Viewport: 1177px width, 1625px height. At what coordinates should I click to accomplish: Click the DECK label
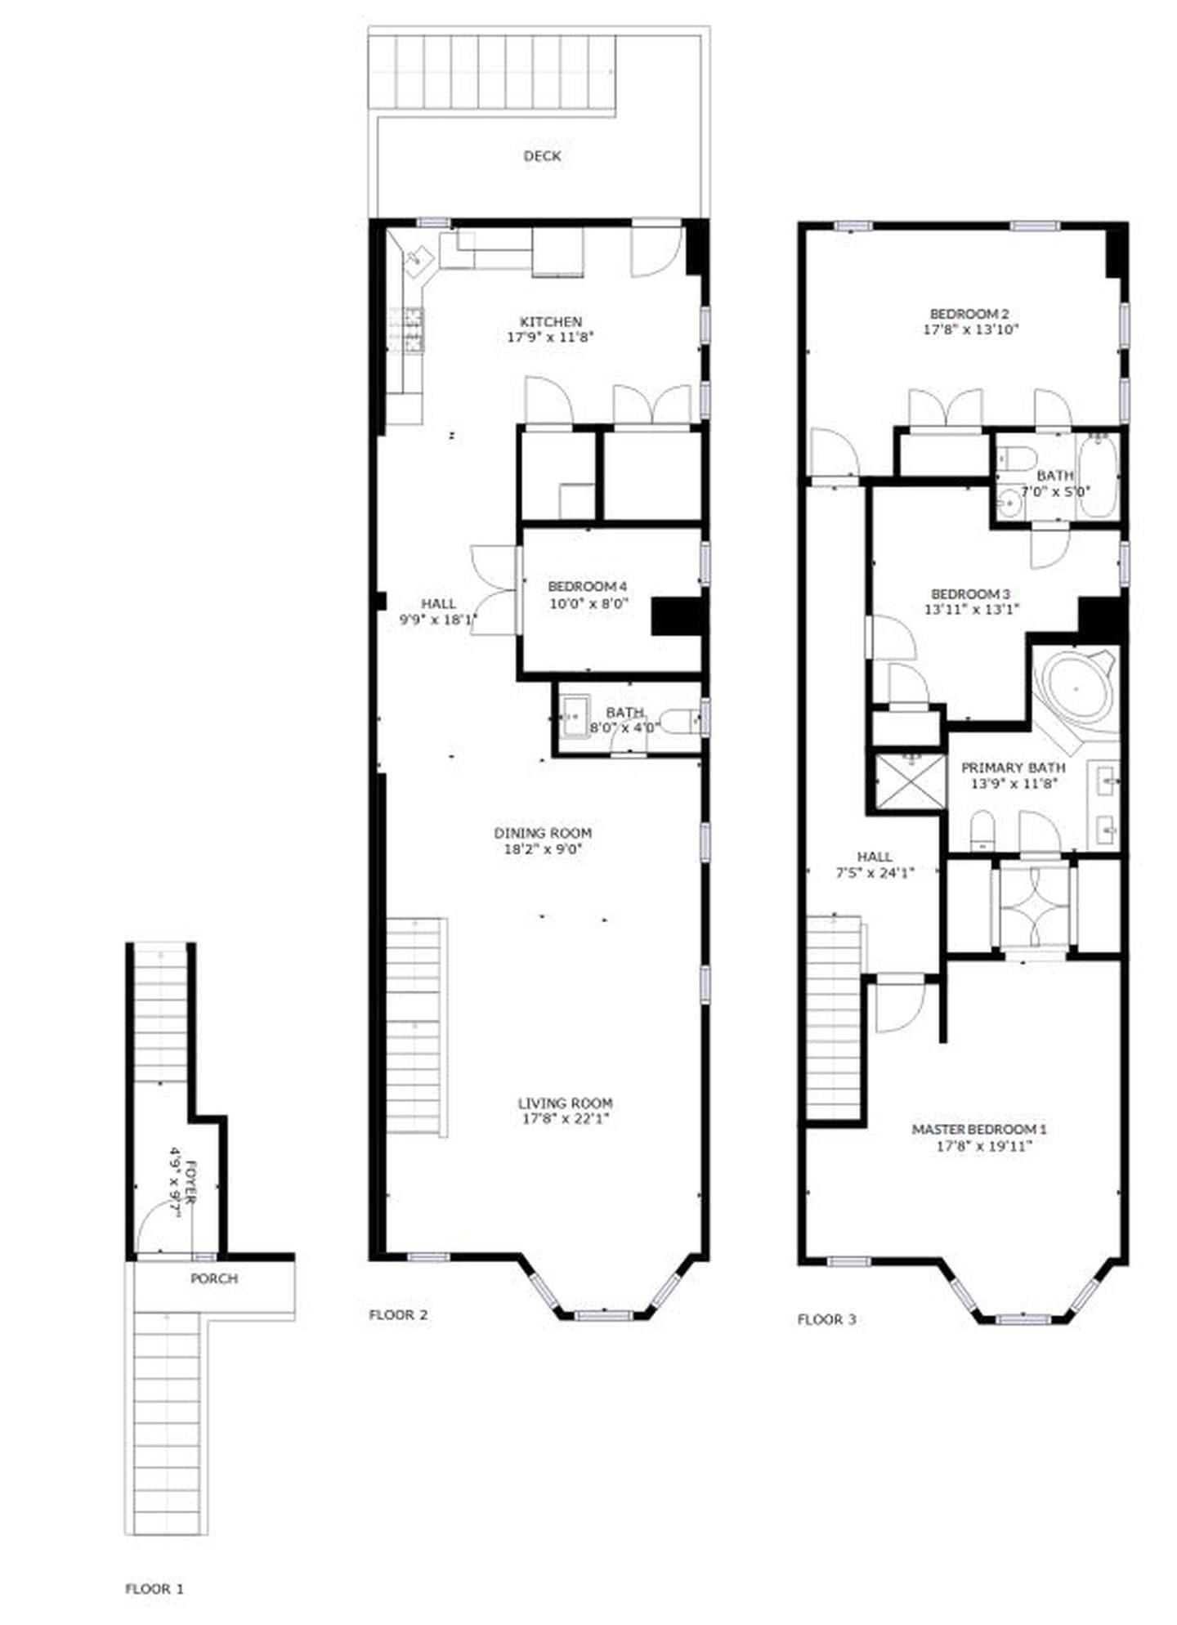(x=542, y=156)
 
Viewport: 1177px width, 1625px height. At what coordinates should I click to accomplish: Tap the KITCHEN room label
(x=551, y=322)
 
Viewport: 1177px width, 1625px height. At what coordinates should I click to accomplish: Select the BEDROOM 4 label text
(x=587, y=586)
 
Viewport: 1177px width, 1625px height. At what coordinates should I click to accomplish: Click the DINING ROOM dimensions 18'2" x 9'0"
(x=543, y=848)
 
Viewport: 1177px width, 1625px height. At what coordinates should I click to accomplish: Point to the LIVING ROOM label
(x=565, y=1103)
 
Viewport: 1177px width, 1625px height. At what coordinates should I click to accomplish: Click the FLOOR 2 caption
(x=398, y=1315)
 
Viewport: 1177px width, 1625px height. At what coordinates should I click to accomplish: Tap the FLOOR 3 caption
(x=826, y=1319)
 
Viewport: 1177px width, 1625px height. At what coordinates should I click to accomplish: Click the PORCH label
(x=214, y=1278)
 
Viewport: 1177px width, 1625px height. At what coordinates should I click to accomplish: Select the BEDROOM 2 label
(x=969, y=314)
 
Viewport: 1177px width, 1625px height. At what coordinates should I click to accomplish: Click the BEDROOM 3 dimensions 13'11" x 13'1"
(x=972, y=609)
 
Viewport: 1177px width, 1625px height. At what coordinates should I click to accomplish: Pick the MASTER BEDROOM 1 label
(x=978, y=1129)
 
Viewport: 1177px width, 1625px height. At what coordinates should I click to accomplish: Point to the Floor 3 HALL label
(x=874, y=857)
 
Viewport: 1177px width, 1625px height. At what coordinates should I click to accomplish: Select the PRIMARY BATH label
(x=1013, y=768)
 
